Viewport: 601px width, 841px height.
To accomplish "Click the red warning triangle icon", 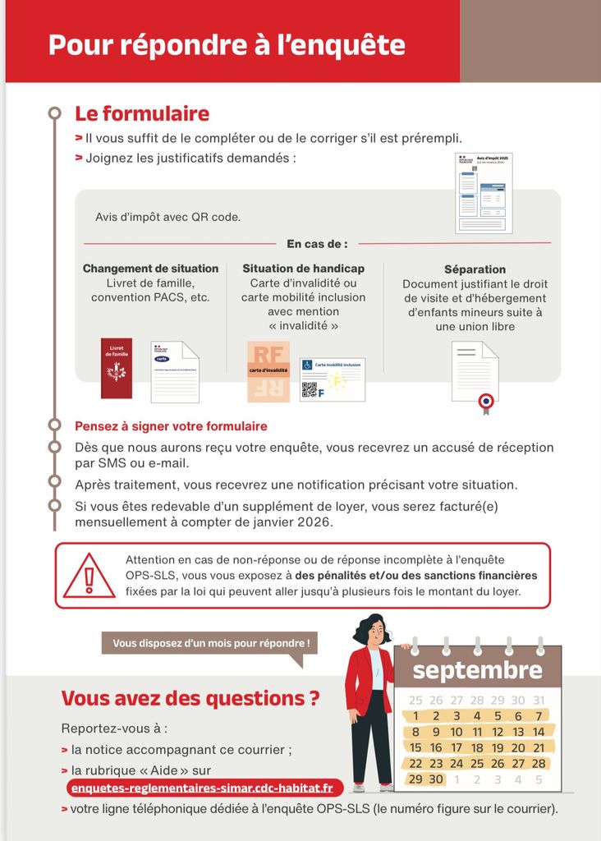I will coord(89,577).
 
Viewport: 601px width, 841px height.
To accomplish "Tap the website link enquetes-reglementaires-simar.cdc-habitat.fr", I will coord(202,788).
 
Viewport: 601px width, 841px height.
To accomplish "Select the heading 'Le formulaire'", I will coord(142,113).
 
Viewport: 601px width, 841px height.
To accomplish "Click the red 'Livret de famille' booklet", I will coord(117,369).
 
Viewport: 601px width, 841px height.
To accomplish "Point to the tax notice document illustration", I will coord(484,193).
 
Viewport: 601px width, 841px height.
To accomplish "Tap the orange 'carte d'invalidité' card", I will coord(268,371).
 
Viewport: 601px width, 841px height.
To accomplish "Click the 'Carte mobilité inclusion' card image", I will coord(333,379).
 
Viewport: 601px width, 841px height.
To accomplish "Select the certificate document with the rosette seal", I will coord(475,374).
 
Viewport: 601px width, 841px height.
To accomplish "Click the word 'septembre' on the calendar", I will coord(477,669).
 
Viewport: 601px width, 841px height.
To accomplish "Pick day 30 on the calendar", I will coord(436,779).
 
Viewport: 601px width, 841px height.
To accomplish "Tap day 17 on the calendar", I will coord(456,747).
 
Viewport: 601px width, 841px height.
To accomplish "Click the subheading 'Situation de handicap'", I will coord(303,269).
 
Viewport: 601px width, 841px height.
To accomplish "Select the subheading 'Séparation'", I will coord(475,269).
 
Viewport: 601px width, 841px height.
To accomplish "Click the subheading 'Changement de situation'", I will coord(150,269).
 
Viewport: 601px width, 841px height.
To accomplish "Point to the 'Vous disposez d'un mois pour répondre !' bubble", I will coord(210,643).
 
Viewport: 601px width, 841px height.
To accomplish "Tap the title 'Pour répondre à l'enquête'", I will coord(227,44).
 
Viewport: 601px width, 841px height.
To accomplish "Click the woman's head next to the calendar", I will coord(374,631).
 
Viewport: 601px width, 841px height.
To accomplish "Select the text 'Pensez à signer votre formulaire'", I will coord(171,426).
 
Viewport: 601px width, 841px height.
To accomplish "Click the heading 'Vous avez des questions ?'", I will coord(190,698).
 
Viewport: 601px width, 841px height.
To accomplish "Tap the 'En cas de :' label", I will coord(317,244).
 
